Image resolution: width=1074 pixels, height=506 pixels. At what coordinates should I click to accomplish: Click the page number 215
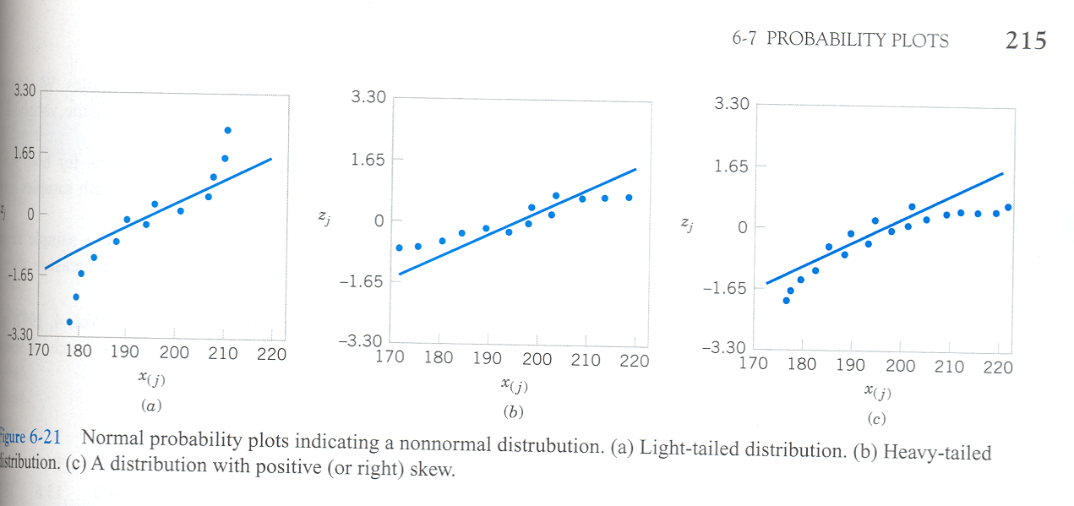click(x=1026, y=40)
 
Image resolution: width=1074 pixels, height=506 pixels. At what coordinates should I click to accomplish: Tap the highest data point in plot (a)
click(x=227, y=130)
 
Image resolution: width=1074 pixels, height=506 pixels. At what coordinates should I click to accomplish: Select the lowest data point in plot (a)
click(x=69, y=322)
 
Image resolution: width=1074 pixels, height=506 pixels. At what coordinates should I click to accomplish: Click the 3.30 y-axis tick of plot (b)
click(x=368, y=98)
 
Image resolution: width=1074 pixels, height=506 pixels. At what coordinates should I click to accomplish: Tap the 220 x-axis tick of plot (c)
click(x=998, y=367)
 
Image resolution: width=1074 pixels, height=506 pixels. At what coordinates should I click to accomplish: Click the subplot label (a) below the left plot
click(x=150, y=406)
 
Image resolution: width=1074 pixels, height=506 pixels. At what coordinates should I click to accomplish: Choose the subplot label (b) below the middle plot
click(x=511, y=413)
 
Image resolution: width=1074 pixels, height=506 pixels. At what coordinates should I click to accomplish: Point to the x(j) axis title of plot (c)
click(x=877, y=392)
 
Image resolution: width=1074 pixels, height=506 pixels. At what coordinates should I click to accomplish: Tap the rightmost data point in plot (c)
click(x=1008, y=207)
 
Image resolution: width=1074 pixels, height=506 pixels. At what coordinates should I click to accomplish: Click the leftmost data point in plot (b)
click(x=399, y=248)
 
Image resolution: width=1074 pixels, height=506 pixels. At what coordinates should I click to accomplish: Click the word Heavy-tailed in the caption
click(x=936, y=452)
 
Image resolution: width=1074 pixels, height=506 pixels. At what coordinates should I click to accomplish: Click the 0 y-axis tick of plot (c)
click(x=741, y=227)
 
